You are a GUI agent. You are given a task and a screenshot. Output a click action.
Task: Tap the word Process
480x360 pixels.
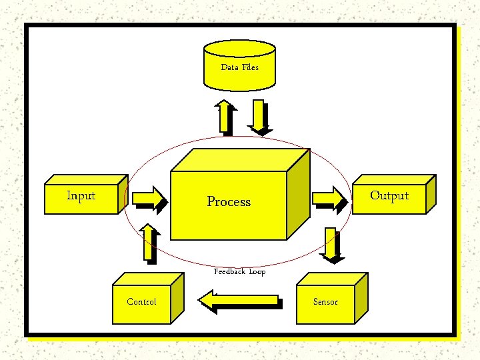pyautogui.click(x=229, y=201)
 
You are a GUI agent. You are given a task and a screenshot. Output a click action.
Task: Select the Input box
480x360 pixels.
pyautogui.click(x=83, y=197)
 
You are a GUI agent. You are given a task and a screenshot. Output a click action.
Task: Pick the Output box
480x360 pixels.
pyautogui.click(x=391, y=197)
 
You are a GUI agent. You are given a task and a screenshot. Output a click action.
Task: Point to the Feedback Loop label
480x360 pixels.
pyautogui.click(x=239, y=271)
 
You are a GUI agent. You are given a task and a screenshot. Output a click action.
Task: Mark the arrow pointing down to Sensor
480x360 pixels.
pyautogui.click(x=330, y=244)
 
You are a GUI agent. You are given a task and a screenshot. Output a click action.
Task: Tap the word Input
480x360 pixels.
pyautogui.click(x=81, y=195)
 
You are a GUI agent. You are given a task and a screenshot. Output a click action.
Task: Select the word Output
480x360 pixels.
pyautogui.click(x=389, y=195)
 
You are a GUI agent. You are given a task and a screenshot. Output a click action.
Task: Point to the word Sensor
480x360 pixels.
pyautogui.click(x=325, y=302)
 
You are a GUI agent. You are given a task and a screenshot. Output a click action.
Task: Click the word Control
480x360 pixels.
pyautogui.click(x=141, y=302)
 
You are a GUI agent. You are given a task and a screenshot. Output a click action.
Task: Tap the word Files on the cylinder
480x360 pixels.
pyautogui.click(x=250, y=67)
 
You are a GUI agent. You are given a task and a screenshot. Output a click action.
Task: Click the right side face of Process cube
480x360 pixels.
pyautogui.click(x=298, y=193)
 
